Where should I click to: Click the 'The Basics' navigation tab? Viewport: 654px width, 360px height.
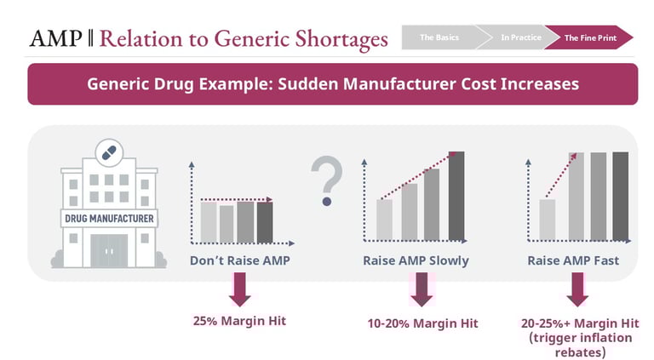click(x=439, y=37)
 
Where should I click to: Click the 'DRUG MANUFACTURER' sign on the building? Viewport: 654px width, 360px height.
click(x=109, y=219)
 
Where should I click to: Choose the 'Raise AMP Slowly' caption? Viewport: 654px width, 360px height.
click(x=416, y=260)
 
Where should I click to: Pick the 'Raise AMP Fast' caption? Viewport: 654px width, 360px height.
click(x=573, y=260)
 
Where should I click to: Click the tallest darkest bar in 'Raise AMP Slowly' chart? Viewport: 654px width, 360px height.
click(x=457, y=196)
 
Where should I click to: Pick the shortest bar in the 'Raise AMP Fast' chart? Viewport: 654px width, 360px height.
click(x=547, y=220)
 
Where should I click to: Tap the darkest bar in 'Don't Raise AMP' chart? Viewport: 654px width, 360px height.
click(x=265, y=221)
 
